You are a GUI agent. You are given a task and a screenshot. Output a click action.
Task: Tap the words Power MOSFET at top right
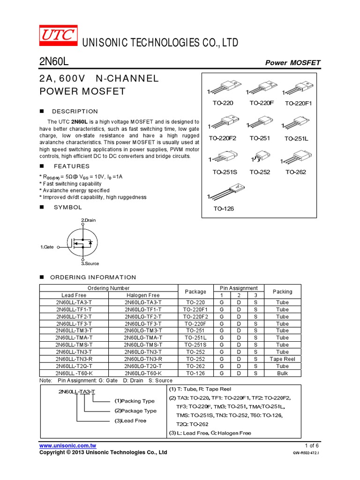(x=293, y=63)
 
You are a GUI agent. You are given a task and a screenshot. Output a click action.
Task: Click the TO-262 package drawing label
(x=296, y=172)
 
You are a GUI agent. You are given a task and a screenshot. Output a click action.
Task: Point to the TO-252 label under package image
(x=260, y=172)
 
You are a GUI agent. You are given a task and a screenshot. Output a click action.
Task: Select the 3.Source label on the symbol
(x=90, y=263)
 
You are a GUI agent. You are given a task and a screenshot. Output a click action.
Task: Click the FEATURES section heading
(x=71, y=166)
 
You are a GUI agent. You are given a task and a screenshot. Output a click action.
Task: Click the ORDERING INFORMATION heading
(x=93, y=277)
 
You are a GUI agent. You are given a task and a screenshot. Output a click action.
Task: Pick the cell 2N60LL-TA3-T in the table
(x=74, y=302)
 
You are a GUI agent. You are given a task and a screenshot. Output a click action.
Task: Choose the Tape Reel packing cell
(x=282, y=359)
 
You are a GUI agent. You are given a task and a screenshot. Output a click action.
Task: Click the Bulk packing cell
(x=282, y=374)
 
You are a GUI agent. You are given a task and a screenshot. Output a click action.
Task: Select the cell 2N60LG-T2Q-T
(x=143, y=366)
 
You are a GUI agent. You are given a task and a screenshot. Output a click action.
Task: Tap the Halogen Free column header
(x=143, y=295)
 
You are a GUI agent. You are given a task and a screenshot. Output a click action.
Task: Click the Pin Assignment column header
(x=239, y=288)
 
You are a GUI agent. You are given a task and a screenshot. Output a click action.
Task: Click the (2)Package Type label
(x=135, y=411)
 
